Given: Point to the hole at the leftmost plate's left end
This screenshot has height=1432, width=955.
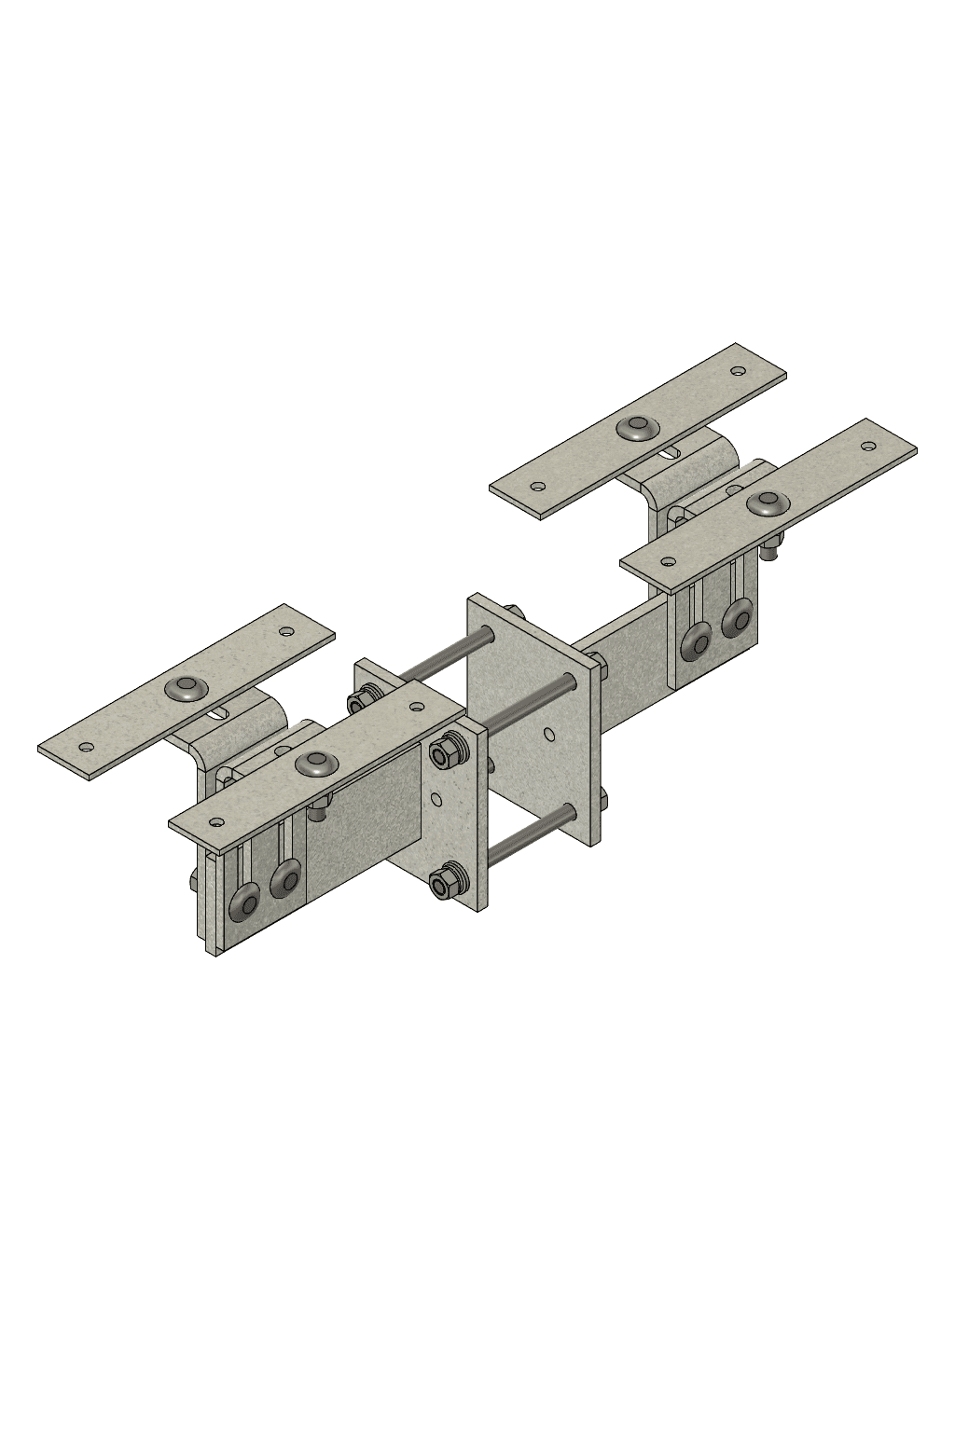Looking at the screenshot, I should pos(86,746).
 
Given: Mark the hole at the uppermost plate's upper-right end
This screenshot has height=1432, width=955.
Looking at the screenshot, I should pos(739,371).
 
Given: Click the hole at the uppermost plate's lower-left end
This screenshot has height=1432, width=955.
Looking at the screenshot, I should pos(537,486).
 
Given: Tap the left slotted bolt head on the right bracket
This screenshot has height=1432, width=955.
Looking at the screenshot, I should pos(697,642).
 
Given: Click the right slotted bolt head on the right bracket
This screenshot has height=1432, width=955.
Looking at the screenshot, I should pos(737,619).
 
